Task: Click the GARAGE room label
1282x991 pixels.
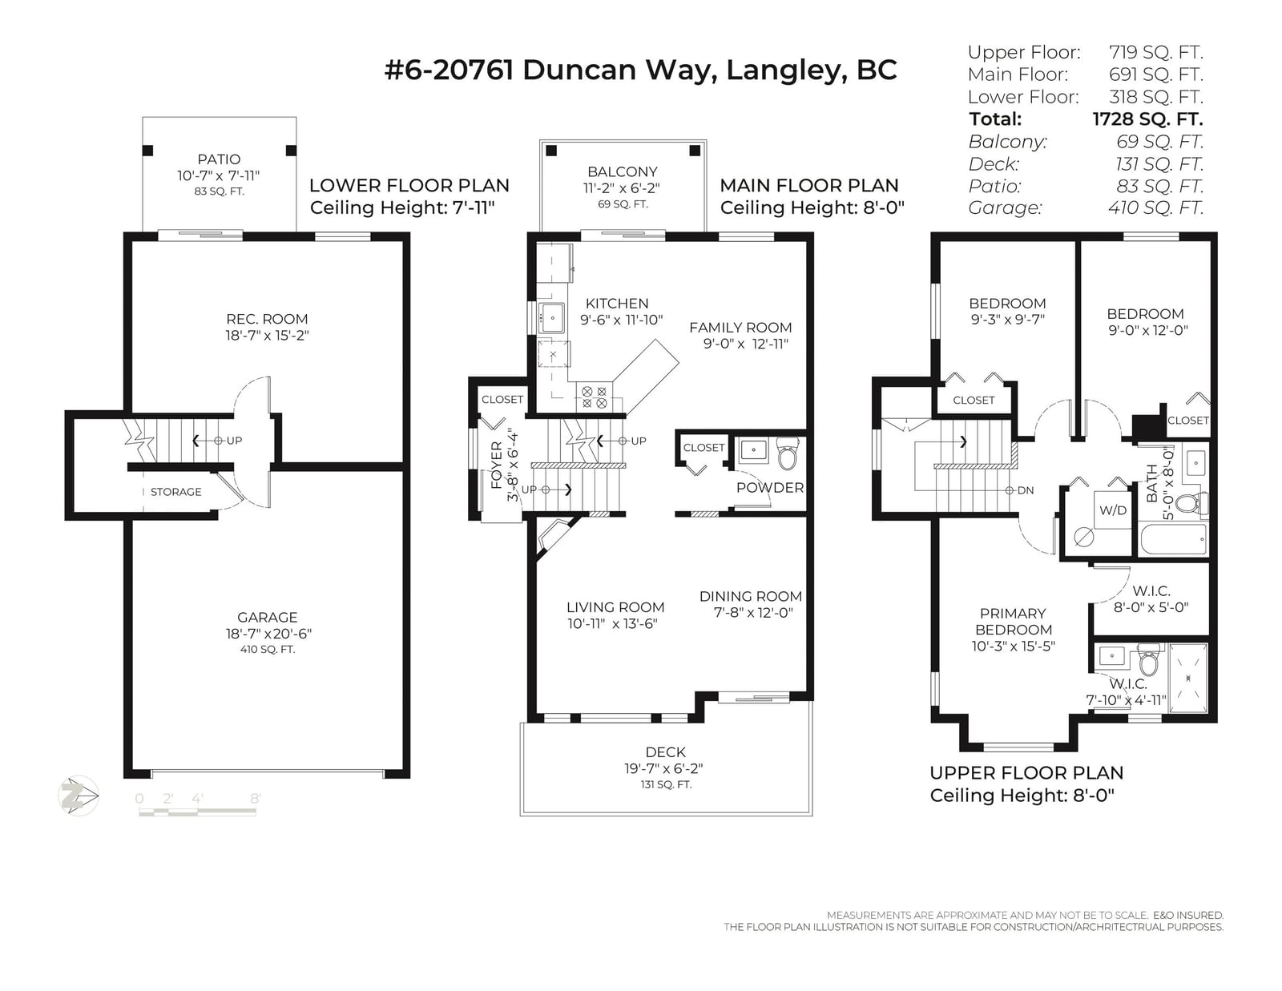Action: (267, 617)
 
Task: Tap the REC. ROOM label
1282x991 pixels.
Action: (267, 319)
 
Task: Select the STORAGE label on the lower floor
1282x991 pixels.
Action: (175, 492)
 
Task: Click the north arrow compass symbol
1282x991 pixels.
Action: (79, 796)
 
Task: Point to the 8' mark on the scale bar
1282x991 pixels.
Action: (256, 798)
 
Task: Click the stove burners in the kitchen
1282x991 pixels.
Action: (594, 397)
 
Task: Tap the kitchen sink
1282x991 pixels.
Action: (552, 319)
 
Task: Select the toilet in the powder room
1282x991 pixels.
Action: (787, 453)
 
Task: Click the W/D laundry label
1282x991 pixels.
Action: (1113, 510)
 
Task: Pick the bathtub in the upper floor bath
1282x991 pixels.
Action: (1173, 540)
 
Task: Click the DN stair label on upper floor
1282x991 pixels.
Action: (1026, 490)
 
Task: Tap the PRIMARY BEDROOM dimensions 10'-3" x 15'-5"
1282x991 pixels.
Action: (1013, 646)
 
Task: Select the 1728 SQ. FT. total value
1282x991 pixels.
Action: (1147, 119)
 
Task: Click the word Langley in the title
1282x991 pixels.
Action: (782, 70)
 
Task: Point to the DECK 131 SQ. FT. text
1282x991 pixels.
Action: (666, 784)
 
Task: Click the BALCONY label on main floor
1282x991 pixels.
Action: (623, 171)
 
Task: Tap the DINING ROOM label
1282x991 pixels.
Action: (751, 596)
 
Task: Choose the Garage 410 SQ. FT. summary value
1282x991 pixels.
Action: (1155, 207)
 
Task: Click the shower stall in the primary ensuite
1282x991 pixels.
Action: (1187, 679)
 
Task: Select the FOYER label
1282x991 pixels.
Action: (497, 465)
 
